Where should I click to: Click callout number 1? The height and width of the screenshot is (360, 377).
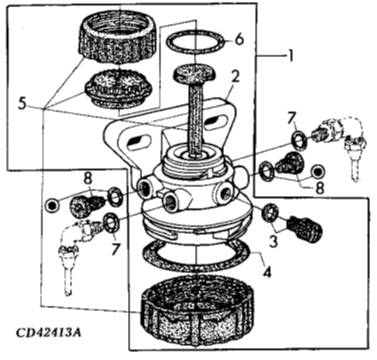click(x=290, y=56)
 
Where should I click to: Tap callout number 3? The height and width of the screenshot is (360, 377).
click(x=273, y=241)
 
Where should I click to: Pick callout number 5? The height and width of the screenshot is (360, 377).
click(x=238, y=39)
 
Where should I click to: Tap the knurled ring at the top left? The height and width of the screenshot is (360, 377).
click(x=117, y=37)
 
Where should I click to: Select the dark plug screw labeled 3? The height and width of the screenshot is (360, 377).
click(x=305, y=229)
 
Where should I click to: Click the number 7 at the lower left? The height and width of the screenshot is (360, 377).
click(x=115, y=249)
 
